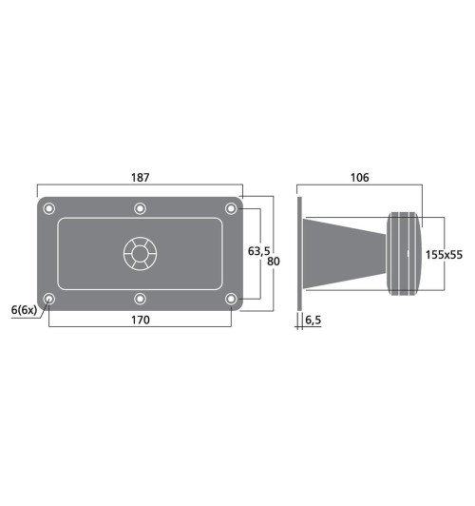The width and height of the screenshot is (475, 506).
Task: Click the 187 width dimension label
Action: pos(140,178)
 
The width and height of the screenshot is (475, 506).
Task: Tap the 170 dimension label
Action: pos(140,320)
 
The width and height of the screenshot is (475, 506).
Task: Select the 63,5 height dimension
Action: pos(257,251)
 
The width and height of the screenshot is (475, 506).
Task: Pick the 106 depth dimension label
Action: pos(359,178)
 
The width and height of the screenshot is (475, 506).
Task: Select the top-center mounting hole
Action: pos(140,208)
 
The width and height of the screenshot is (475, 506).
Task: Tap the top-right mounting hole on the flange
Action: pos(230,208)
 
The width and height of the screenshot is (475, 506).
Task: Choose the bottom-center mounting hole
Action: pos(140,299)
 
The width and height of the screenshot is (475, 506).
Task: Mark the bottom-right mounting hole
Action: pos(230,299)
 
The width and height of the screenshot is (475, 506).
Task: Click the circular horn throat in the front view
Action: pos(140,253)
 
